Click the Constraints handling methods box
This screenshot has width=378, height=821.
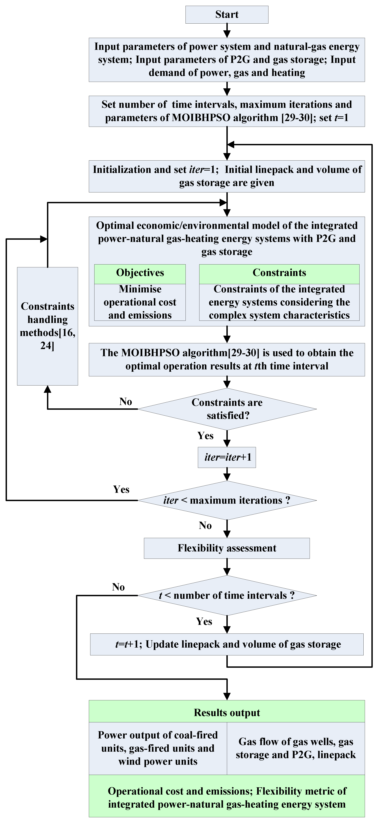point(47,326)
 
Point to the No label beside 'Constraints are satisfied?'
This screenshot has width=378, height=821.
point(125,402)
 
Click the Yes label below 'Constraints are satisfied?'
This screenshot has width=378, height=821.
point(205,436)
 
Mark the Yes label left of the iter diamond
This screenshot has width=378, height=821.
point(121,489)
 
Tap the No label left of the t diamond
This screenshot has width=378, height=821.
point(118,587)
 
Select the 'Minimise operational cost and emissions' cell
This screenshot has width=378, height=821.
point(140,302)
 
